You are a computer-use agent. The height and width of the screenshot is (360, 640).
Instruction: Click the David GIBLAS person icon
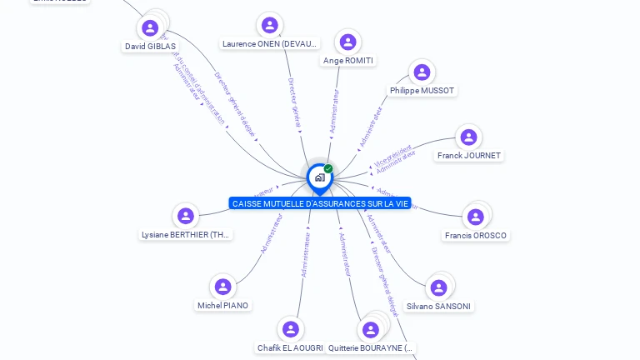[x=150, y=28]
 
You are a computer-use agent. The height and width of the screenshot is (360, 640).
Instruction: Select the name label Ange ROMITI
[x=348, y=61]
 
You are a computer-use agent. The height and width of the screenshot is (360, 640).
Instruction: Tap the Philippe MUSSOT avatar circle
[x=422, y=72]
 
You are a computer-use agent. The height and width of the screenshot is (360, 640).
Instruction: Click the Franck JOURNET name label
[x=469, y=156]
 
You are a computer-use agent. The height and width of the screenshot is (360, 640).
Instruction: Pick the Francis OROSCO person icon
[x=475, y=217]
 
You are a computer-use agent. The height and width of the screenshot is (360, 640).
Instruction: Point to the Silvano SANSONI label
[x=438, y=306]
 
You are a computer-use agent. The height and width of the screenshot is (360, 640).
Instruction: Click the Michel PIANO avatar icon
[x=222, y=287]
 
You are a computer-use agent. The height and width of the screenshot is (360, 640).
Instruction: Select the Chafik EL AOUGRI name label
[x=290, y=347]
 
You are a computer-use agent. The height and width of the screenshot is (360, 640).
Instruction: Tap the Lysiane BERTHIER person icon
[x=185, y=217]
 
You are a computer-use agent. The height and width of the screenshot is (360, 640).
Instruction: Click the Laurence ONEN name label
[x=269, y=43]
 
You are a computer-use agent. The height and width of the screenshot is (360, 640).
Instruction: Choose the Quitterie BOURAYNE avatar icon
[x=371, y=330]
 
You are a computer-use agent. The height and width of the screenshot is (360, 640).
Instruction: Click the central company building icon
[x=319, y=177]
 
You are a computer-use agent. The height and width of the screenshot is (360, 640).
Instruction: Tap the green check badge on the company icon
[x=328, y=169]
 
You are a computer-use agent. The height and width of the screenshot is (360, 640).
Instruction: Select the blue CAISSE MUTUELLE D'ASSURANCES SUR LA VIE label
[x=321, y=204]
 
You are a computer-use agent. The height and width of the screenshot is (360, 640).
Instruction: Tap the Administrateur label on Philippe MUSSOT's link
[x=372, y=126]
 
